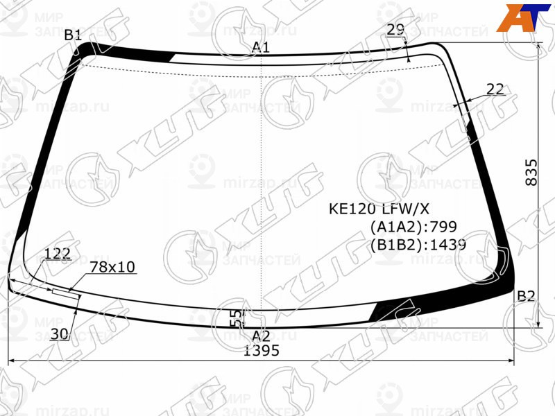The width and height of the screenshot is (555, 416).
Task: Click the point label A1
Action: [x=261, y=47]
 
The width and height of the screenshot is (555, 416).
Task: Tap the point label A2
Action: [x=261, y=336]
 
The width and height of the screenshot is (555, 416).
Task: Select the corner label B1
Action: [x=73, y=35]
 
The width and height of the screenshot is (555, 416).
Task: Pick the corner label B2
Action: [x=526, y=297]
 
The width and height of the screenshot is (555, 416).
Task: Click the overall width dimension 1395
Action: [x=261, y=351]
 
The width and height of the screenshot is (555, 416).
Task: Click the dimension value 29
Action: [x=395, y=29]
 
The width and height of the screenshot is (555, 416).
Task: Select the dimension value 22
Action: [x=495, y=89]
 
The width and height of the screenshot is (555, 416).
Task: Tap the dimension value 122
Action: [x=57, y=253]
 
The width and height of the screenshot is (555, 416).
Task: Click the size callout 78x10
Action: [x=113, y=267]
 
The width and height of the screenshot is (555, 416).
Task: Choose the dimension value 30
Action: [x=60, y=334]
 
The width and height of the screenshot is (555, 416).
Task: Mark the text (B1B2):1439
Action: [x=417, y=244]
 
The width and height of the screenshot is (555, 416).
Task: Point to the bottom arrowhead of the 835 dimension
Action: [x=540, y=324]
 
